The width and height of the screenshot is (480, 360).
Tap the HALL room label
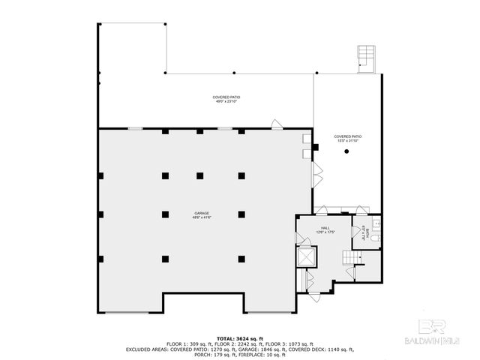click(x=325, y=229)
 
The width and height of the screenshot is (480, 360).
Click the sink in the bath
click(x=377, y=223)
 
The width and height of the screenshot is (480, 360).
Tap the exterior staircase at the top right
click(x=367, y=58)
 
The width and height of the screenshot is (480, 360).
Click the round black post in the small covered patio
click(x=346, y=152)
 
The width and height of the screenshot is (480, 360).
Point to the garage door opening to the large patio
click(x=277, y=123)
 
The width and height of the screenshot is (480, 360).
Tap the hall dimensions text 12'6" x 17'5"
click(x=325, y=233)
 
